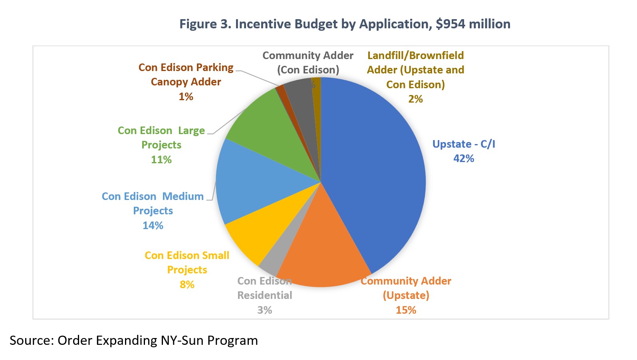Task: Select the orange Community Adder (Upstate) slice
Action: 327,247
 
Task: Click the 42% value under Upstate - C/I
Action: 464,158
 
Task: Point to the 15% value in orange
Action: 406,310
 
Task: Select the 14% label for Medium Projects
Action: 153,225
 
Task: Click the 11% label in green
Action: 161,160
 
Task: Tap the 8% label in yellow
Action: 187,285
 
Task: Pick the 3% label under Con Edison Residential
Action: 264,310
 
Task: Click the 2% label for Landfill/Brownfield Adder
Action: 415,99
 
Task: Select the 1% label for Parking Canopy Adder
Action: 186,97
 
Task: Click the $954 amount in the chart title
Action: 450,24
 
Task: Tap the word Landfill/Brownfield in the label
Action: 415,55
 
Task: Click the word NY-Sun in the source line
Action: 183,340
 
